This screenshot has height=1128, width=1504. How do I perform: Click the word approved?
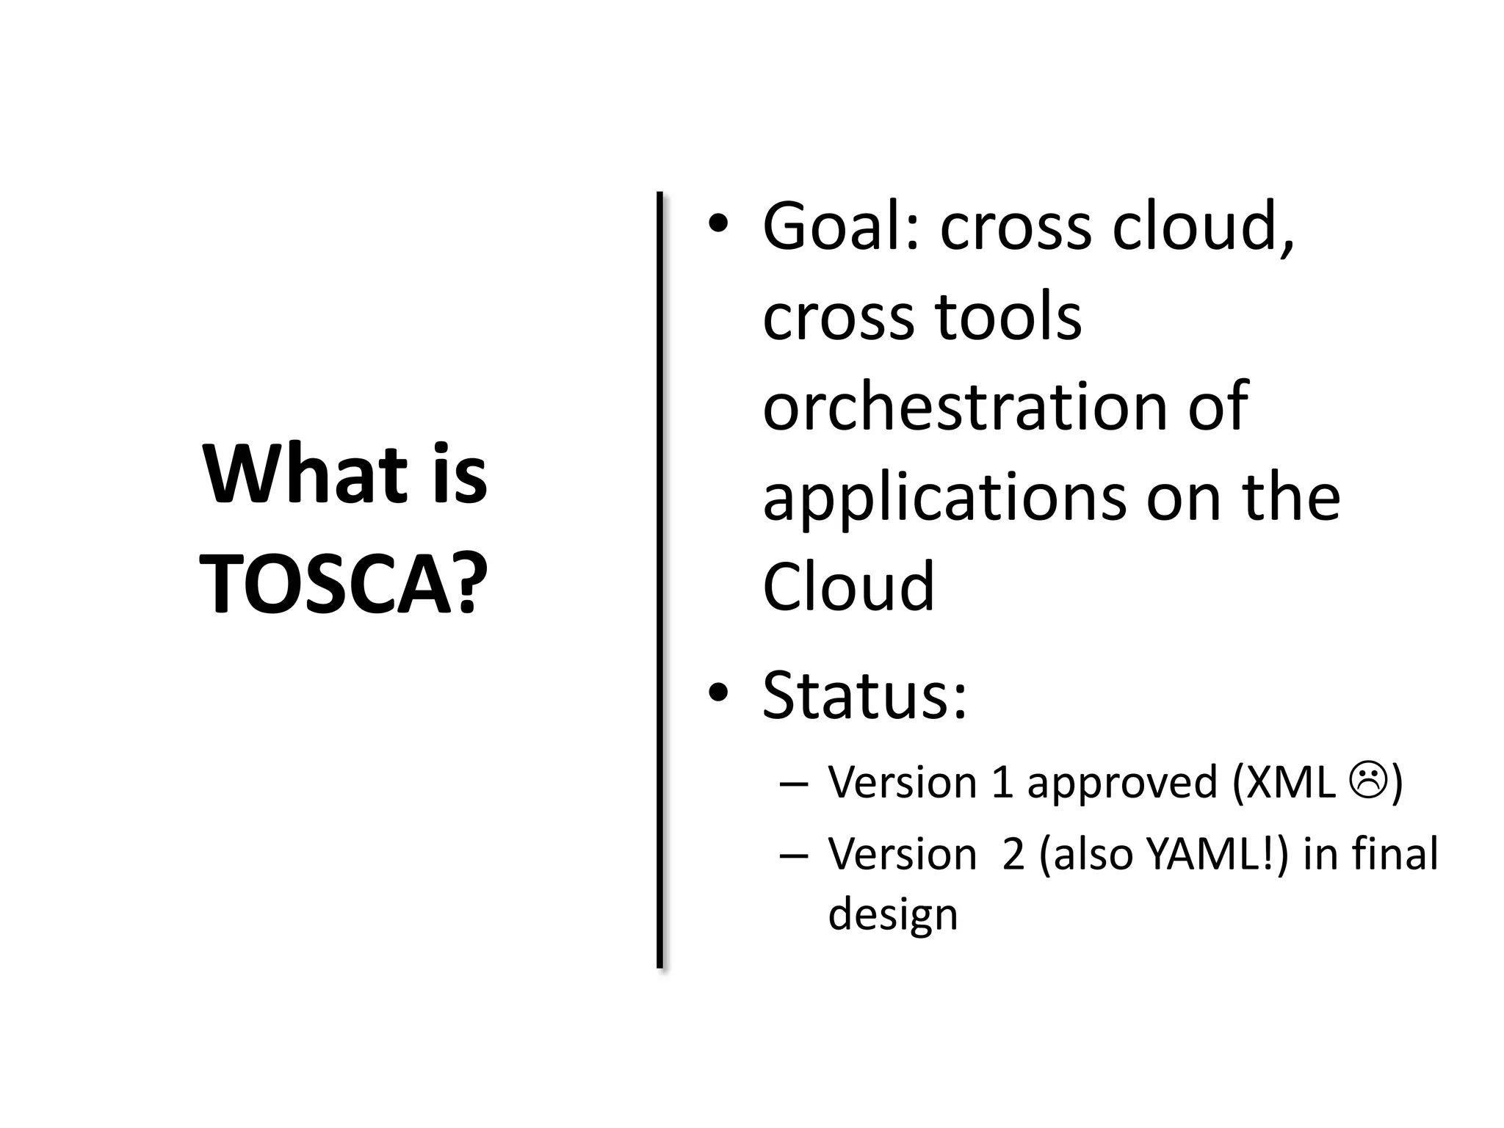coord(1122,784)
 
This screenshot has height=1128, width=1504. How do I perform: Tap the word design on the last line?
coord(892,915)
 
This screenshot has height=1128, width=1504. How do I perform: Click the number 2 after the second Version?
coord(1013,855)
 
